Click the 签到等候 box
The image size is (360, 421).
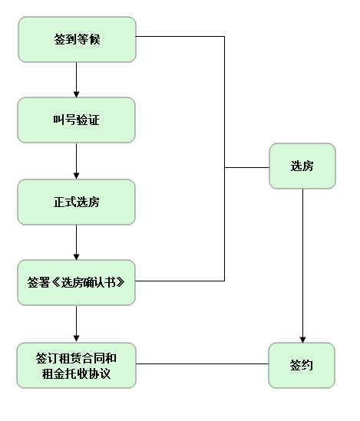[77, 40]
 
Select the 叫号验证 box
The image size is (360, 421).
[77, 120]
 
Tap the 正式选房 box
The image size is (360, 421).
[77, 202]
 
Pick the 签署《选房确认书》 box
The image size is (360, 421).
[77, 282]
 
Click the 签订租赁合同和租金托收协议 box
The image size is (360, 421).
[77, 365]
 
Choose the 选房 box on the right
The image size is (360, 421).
[302, 166]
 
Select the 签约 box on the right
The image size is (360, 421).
[302, 365]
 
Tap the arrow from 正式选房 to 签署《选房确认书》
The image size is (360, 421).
[77, 242]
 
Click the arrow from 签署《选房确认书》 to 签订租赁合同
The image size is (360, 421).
[77, 323]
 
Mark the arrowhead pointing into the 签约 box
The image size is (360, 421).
[302, 337]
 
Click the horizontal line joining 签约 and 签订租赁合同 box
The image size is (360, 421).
[203, 364]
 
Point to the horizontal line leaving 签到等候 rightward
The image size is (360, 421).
[180, 37]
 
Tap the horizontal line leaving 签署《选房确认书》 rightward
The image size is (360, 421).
[180, 281]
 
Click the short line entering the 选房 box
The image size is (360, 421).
[246, 166]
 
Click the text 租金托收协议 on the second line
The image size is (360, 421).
[77, 373]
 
